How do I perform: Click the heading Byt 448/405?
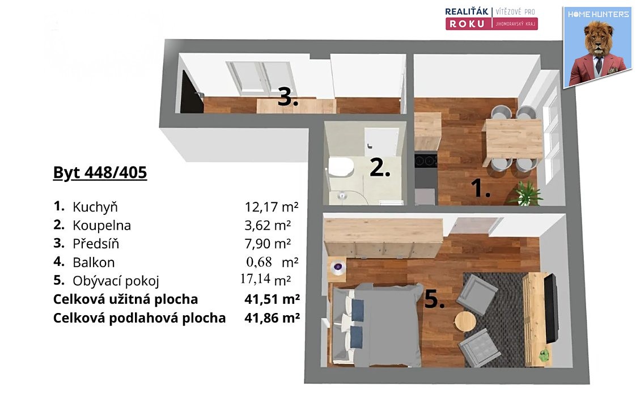(x=100, y=173)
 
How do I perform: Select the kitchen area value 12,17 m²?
(x=272, y=206)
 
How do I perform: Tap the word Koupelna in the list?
(x=101, y=225)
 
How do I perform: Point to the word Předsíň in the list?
(x=96, y=243)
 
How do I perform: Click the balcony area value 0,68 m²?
(x=272, y=262)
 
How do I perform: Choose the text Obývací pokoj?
(x=116, y=281)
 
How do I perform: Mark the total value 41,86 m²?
(x=272, y=318)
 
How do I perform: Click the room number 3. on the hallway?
(x=288, y=98)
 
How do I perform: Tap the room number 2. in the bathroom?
(x=380, y=167)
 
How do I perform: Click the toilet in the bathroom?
(x=341, y=167)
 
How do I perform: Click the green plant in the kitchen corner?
(x=527, y=193)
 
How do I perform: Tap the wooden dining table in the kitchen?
(x=514, y=139)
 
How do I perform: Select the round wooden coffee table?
(x=465, y=322)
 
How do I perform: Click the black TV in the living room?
(x=551, y=309)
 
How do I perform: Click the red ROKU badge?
(x=469, y=24)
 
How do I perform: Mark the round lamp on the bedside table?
(x=338, y=267)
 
